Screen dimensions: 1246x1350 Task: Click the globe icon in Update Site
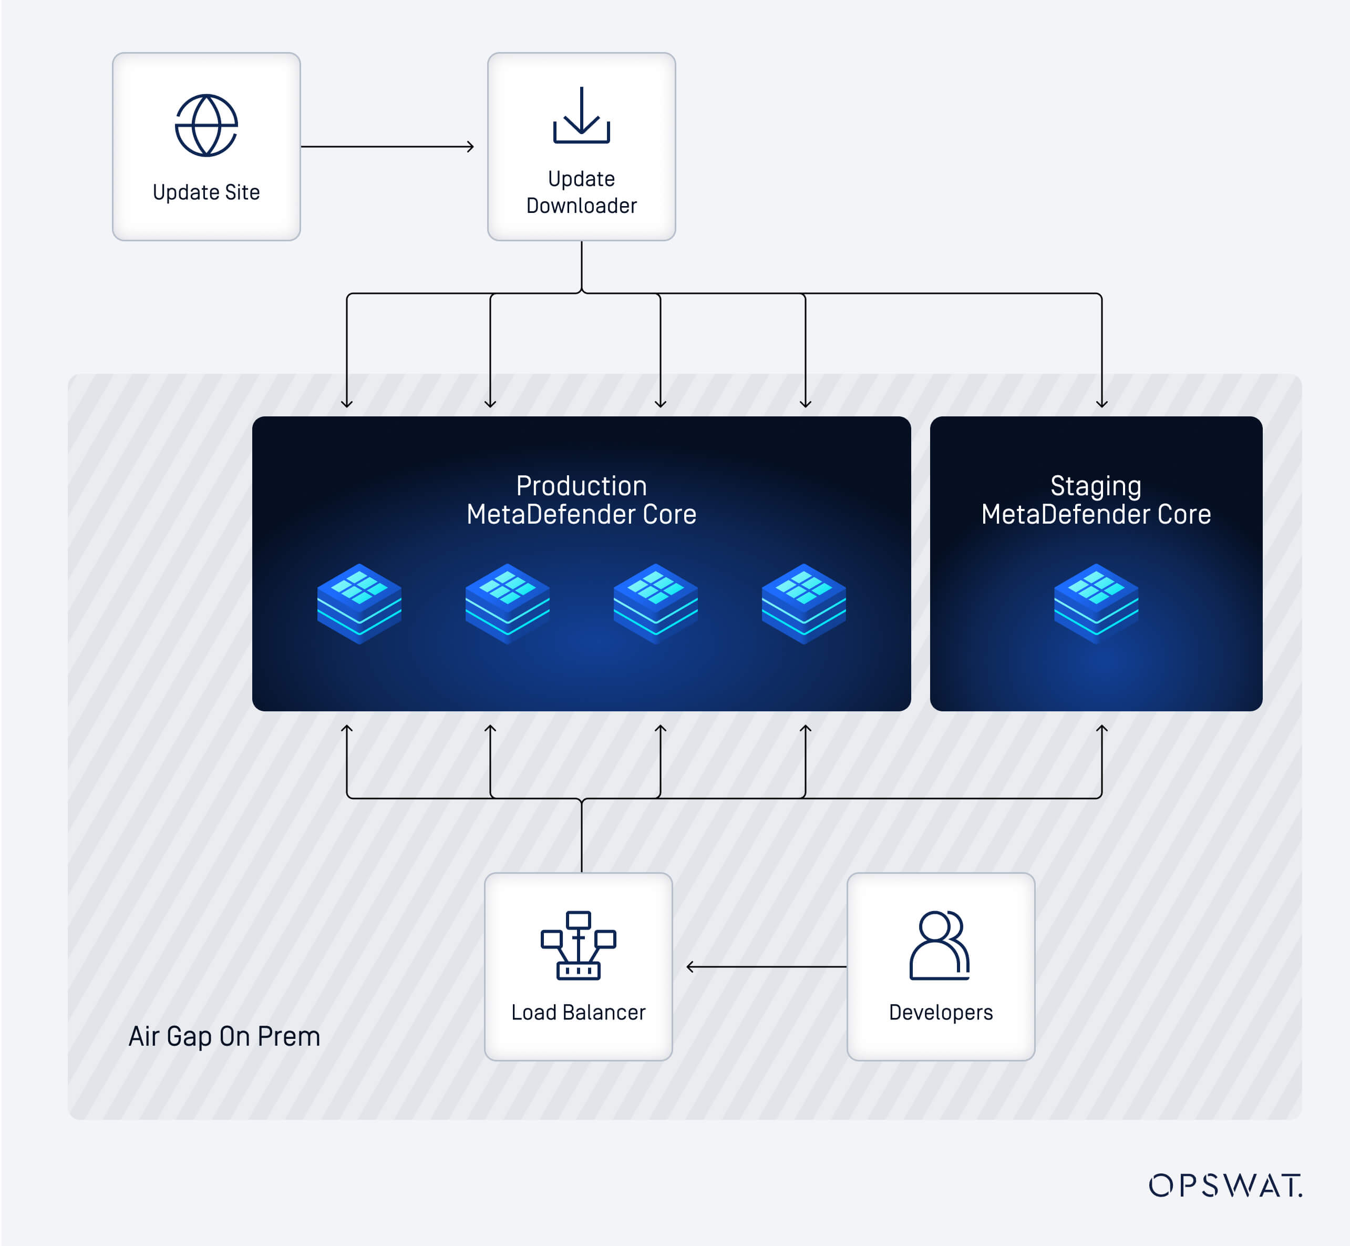(x=206, y=126)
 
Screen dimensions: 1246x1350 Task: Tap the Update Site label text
(x=206, y=192)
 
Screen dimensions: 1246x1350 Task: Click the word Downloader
(x=581, y=206)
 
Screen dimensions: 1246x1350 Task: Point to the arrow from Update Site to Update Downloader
(x=387, y=146)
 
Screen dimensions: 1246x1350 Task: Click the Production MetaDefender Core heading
(x=581, y=499)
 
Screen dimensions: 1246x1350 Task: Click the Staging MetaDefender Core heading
(x=1096, y=499)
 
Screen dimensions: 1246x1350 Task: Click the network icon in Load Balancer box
(x=578, y=945)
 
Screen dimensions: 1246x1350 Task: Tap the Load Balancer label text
(x=578, y=1012)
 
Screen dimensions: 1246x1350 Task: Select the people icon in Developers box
(x=940, y=945)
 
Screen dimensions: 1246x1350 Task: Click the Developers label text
(x=940, y=1012)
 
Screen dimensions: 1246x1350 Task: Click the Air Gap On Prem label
(x=224, y=1036)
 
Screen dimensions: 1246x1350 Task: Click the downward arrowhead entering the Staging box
(x=1101, y=403)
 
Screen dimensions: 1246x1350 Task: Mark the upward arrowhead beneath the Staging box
(x=1101, y=730)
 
